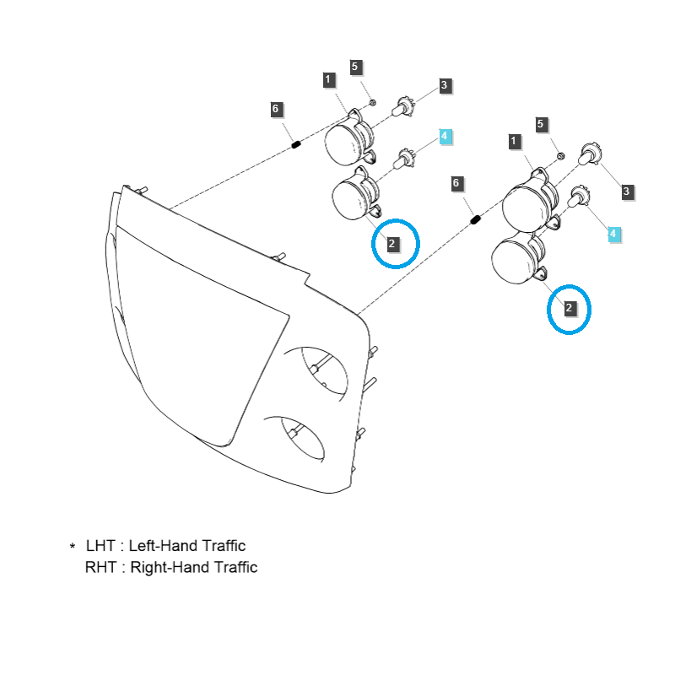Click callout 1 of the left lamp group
[x=328, y=80]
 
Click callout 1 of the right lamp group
[x=515, y=141]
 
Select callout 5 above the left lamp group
[x=355, y=67]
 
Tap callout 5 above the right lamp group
[x=542, y=124]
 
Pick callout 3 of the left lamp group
[x=444, y=85]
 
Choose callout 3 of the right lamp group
[x=626, y=192]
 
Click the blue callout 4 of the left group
[x=445, y=136]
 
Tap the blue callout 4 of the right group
[x=614, y=234]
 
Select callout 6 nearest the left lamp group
[x=275, y=109]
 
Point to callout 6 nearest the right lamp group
[x=456, y=183]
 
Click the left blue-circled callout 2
[x=392, y=244]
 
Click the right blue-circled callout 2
[x=570, y=309]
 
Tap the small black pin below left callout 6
[x=296, y=144]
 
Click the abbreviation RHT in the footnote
[x=102, y=567]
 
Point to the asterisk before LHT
[x=73, y=548]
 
